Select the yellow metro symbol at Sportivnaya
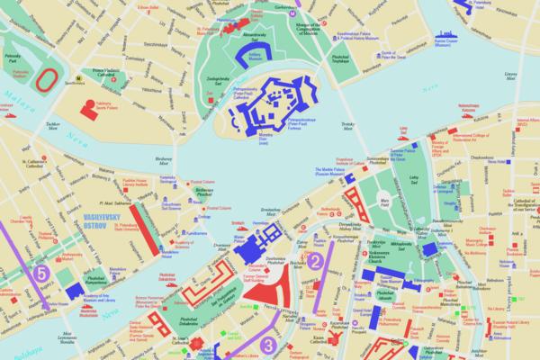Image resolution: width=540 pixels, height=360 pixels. click(x=80, y=78)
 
